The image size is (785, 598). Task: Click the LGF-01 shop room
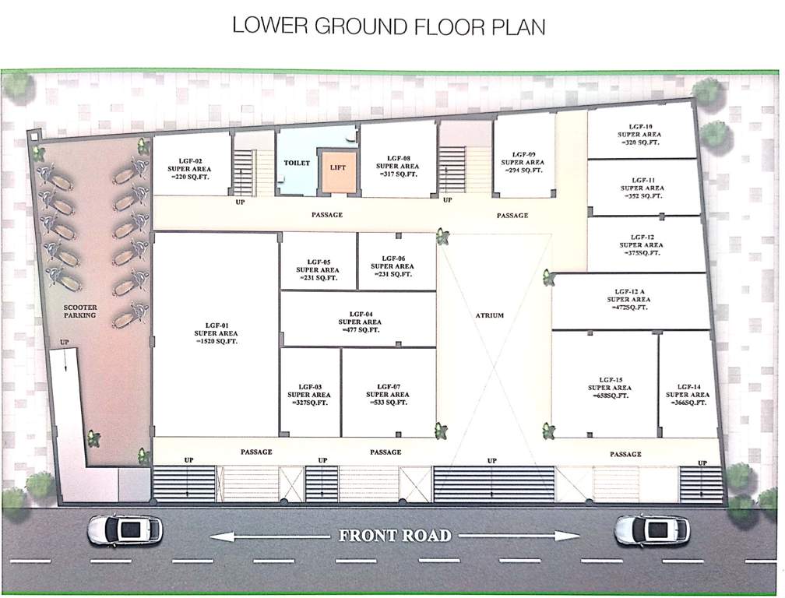click(216, 335)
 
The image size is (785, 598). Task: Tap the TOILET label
click(297, 164)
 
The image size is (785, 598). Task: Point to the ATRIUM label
click(490, 315)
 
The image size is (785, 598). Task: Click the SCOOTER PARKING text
click(80, 311)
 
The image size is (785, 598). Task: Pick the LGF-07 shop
click(388, 394)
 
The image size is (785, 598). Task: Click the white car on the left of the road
click(125, 529)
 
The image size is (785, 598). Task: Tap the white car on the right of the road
click(652, 531)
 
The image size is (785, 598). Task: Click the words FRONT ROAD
click(394, 536)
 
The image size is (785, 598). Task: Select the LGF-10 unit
click(642, 133)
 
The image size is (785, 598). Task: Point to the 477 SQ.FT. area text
click(361, 330)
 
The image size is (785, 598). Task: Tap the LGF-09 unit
click(524, 162)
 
